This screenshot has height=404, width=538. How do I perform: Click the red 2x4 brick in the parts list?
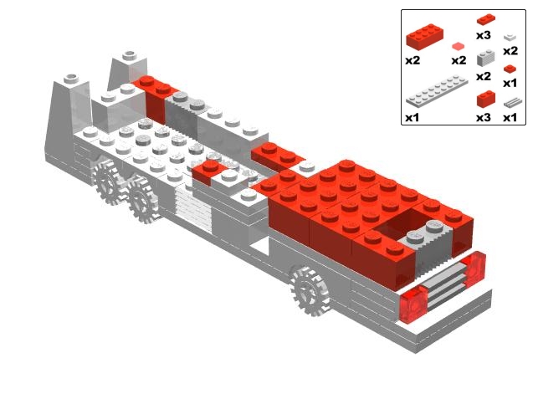point(424,36)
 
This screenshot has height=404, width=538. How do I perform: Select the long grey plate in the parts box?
point(437,90)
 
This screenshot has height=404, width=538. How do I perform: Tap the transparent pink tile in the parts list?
point(459,46)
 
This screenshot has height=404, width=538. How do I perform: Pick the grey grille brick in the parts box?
point(486,58)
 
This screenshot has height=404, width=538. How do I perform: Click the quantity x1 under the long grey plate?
point(412,118)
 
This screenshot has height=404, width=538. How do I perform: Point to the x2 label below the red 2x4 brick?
point(412,60)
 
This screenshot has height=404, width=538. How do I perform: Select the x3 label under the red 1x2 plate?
point(484,35)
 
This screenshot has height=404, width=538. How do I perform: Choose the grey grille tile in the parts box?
point(513,102)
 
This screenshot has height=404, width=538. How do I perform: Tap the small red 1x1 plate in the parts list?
point(510,69)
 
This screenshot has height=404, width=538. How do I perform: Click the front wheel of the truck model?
point(310,291)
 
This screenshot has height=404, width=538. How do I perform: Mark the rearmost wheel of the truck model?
point(106,181)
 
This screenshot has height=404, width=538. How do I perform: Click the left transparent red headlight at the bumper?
point(414,305)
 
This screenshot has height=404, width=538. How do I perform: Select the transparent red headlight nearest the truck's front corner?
point(474,268)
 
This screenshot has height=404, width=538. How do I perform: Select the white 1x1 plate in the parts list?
point(510,37)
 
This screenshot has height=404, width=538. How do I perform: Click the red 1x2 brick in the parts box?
point(486,99)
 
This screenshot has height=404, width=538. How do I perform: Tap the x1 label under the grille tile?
point(510,118)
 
